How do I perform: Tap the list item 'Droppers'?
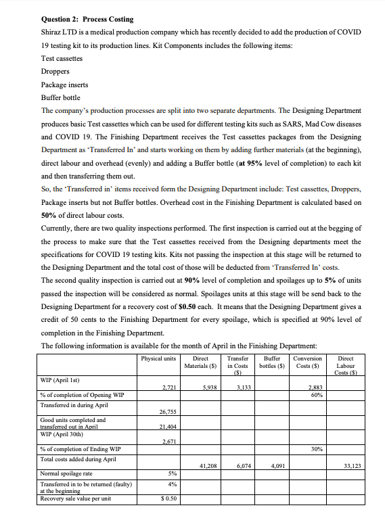click(x=55, y=71)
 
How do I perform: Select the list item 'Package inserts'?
click(x=65, y=85)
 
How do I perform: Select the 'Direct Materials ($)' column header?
click(x=200, y=362)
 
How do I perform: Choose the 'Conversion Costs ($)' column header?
click(x=308, y=362)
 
